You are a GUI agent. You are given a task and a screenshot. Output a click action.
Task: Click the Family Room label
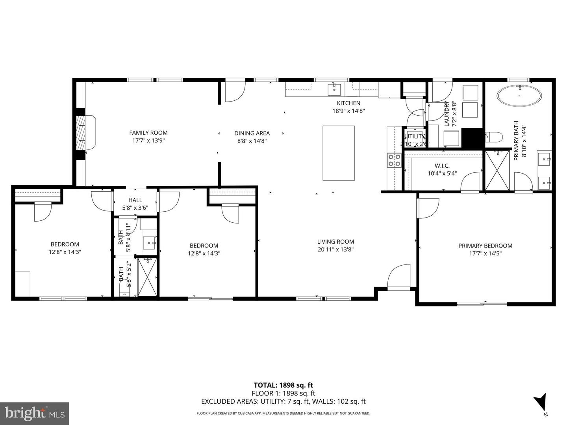pyautogui.click(x=148, y=133)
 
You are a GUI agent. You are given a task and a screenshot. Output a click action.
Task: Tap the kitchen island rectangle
pyautogui.click(x=339, y=153)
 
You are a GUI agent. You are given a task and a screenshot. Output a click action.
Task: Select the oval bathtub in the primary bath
pyautogui.click(x=519, y=96)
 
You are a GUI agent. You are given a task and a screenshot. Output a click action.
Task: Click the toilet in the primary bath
pyautogui.click(x=494, y=137)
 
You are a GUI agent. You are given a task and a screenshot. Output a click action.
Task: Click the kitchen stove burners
pyautogui.click(x=394, y=160)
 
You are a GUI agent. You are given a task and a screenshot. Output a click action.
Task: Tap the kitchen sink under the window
pyautogui.click(x=334, y=89)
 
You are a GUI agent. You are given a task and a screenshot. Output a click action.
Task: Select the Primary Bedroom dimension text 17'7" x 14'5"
pyautogui.click(x=485, y=253)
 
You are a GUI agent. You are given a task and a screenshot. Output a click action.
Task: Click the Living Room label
pyautogui.click(x=335, y=242)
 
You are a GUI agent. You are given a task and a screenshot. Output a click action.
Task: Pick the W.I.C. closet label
pyautogui.click(x=442, y=166)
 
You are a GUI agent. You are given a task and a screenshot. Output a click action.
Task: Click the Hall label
pyautogui.click(x=135, y=200)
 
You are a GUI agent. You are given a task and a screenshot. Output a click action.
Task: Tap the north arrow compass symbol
pyautogui.click(x=541, y=402)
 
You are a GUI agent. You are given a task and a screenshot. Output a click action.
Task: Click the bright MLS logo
pyautogui.click(x=35, y=413)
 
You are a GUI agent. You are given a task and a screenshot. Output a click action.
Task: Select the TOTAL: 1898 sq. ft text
pyautogui.click(x=283, y=385)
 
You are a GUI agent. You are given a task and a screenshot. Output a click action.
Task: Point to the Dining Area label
pyautogui.click(x=252, y=133)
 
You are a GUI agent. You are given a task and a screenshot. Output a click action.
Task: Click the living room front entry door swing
pyautogui.click(x=398, y=278)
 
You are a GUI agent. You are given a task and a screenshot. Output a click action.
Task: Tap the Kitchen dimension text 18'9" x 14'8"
pyautogui.click(x=348, y=111)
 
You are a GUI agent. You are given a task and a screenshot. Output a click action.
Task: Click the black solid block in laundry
pyautogui.click(x=472, y=138)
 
